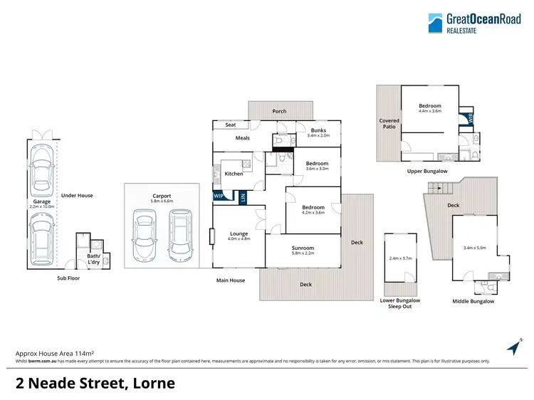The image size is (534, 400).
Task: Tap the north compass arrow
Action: pyautogui.click(x=513, y=347)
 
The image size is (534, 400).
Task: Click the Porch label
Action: pyautogui.click(x=280, y=112)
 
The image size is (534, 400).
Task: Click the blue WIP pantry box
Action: pyautogui.click(x=219, y=196)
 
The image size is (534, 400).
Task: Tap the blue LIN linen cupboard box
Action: pyautogui.click(x=242, y=198)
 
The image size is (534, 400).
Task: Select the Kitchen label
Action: pyautogui.click(x=234, y=174)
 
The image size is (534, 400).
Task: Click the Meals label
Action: pyautogui.click(x=242, y=138)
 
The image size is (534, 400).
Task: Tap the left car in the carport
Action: pyautogui.click(x=144, y=233)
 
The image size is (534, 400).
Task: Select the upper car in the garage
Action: pyautogui.click(x=39, y=172)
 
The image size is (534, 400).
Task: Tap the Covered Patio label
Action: pyautogui.click(x=389, y=123)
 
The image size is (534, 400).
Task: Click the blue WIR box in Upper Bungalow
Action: pyautogui.click(x=468, y=118)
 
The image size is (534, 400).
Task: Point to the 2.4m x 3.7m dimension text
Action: pyautogui.click(x=399, y=258)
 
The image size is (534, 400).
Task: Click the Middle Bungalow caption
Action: pyautogui.click(x=473, y=301)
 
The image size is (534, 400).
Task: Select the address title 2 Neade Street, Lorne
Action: pyautogui.click(x=95, y=384)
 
